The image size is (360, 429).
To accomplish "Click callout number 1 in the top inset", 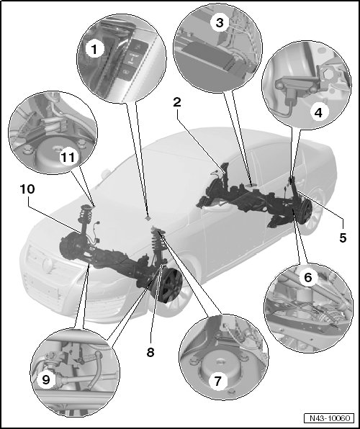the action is pyautogui.click(x=94, y=50).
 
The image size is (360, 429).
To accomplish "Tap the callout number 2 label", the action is pyautogui.click(x=177, y=103).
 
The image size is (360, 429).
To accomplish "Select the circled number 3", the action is pyautogui.click(x=220, y=23).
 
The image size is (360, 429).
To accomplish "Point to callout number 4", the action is pyautogui.click(x=319, y=112).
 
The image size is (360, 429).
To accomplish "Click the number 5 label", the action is pyautogui.click(x=343, y=238).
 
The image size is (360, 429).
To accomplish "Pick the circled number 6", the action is pyautogui.click(x=308, y=277).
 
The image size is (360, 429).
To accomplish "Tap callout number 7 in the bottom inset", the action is pyautogui.click(x=217, y=381).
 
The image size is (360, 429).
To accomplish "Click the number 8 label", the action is pyautogui.click(x=150, y=352).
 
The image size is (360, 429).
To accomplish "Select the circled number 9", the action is pyautogui.click(x=46, y=380).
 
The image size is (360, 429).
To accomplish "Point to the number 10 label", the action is pyautogui.click(x=27, y=189).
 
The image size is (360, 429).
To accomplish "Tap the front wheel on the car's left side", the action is pyautogui.click(x=167, y=286).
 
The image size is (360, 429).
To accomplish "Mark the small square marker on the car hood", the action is pyautogui.click(x=148, y=218).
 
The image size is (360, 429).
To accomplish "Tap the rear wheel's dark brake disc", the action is pyautogui.click(x=306, y=212).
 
